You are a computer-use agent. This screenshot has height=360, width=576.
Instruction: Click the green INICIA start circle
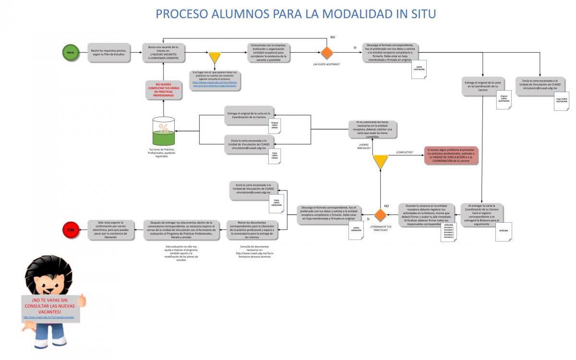[x=71, y=52]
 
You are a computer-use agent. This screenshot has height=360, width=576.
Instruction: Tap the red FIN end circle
[x=71, y=230]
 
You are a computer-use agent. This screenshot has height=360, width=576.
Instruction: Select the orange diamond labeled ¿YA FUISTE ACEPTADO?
[x=327, y=52]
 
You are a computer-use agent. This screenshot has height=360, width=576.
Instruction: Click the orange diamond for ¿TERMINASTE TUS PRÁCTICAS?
[x=381, y=215]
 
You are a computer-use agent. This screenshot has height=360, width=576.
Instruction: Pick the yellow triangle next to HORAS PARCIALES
[x=380, y=161]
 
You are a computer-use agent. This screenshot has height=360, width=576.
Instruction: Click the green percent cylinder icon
[x=164, y=132]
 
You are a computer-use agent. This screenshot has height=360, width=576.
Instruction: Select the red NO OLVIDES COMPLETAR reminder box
[x=164, y=90]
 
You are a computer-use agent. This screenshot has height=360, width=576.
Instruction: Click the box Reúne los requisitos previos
[x=108, y=52]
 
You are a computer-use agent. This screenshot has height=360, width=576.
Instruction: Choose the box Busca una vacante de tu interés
[x=163, y=52]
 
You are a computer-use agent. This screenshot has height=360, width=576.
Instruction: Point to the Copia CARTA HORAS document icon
[x=275, y=156]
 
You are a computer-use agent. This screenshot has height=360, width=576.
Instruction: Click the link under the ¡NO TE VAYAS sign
[x=48, y=317]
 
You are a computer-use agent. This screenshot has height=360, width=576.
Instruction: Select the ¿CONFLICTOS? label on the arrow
[x=404, y=152]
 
